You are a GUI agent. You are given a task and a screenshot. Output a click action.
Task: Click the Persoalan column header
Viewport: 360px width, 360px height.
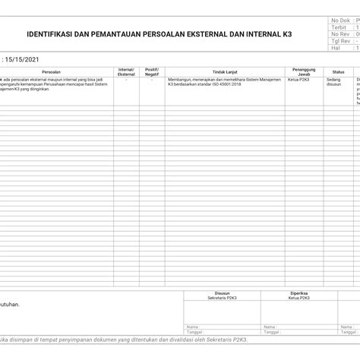tap(52, 71)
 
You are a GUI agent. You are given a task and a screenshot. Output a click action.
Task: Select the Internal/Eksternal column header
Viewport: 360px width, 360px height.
tap(125, 71)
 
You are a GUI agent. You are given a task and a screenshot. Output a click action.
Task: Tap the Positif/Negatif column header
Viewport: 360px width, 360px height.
tap(152, 71)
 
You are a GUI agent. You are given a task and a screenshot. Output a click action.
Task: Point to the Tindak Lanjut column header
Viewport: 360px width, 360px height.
tap(220, 71)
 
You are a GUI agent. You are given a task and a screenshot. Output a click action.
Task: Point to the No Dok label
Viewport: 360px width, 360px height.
tap(339, 21)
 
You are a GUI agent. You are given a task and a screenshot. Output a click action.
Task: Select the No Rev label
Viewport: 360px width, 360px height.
tap(339, 34)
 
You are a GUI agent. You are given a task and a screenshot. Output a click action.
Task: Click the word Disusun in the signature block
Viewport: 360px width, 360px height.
tap(221, 292)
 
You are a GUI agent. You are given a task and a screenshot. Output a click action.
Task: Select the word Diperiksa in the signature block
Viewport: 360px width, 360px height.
tap(298, 292)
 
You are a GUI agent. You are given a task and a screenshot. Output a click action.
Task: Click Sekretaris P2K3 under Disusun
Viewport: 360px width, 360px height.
tap(221, 298)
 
